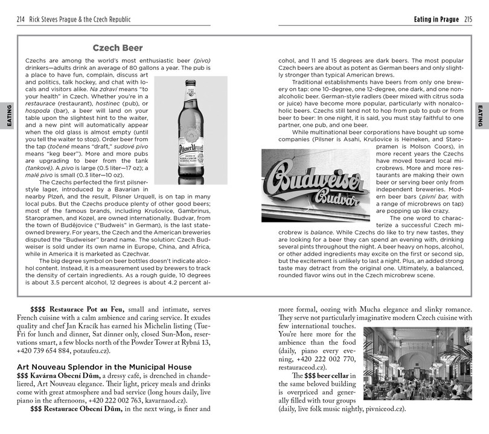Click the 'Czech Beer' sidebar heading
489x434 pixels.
coord(117,48)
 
